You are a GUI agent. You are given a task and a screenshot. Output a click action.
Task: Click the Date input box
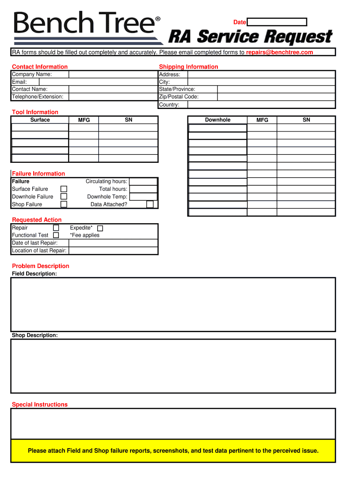[277, 22]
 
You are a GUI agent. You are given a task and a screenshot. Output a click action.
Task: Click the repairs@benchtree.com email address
[280, 52]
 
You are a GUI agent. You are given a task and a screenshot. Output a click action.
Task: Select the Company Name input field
[113, 74]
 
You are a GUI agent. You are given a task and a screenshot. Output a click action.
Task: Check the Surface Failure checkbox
[64, 189]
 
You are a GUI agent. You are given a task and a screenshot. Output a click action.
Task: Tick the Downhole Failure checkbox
[64, 196]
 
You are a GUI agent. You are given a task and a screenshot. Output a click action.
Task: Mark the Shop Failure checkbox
[64, 204]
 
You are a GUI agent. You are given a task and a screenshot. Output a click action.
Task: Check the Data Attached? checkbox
[150, 204]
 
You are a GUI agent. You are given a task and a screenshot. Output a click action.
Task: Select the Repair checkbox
[56, 228]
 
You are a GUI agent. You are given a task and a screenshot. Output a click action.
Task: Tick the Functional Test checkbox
[56, 235]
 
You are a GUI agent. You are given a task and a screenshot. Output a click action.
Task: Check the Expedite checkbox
[100, 228]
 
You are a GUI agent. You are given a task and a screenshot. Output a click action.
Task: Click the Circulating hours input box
[143, 181]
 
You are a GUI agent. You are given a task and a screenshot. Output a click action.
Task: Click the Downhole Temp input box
[143, 197]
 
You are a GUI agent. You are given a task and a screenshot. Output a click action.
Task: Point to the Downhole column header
[217, 120]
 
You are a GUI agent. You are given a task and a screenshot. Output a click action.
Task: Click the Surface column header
[40, 120]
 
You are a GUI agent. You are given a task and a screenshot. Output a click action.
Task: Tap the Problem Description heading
[41, 266]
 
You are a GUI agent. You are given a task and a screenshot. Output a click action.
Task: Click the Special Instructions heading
[40, 405]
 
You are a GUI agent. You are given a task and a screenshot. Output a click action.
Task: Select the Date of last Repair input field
[113, 243]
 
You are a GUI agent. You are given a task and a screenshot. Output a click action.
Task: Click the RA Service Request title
[250, 36]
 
